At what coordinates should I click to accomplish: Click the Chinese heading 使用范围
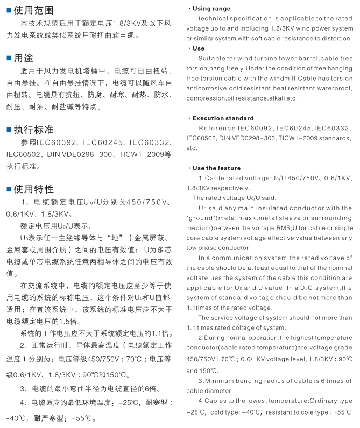(33, 11)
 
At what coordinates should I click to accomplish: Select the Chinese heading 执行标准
(33, 130)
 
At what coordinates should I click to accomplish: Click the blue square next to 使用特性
(9, 189)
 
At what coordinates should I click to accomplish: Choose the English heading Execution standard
(223, 118)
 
